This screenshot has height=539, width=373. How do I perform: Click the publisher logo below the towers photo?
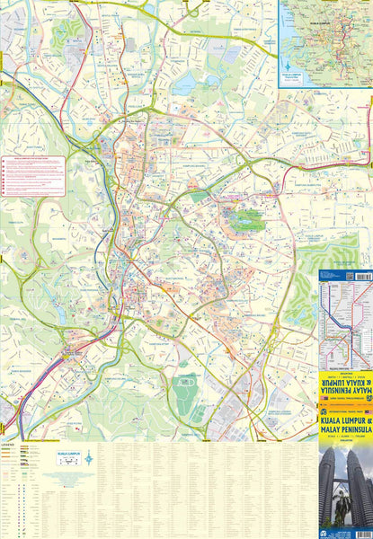coord(325,534)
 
